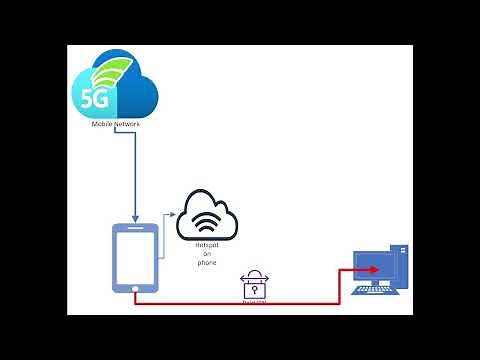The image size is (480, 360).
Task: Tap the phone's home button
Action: pos(135,289)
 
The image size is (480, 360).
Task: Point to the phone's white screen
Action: pos(135,255)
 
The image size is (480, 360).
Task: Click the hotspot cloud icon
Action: pos(208,218)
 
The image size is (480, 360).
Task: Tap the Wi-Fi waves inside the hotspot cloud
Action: pos(207,223)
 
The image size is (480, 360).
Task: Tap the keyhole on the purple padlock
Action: pos(256,289)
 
